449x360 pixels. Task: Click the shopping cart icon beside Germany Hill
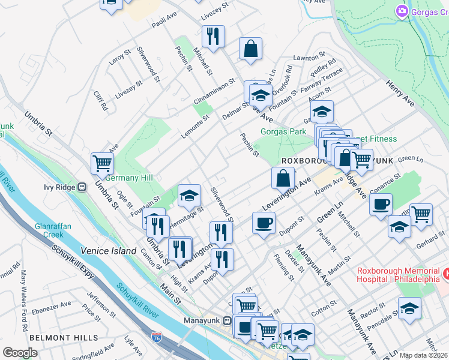coord(103,163)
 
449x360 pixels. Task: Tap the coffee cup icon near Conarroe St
coord(381,205)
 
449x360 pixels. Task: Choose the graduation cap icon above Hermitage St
coord(189,196)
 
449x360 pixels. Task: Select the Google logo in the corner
coord(20,352)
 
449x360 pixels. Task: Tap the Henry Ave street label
coord(400,94)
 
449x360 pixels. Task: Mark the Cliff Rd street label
coord(100,101)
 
